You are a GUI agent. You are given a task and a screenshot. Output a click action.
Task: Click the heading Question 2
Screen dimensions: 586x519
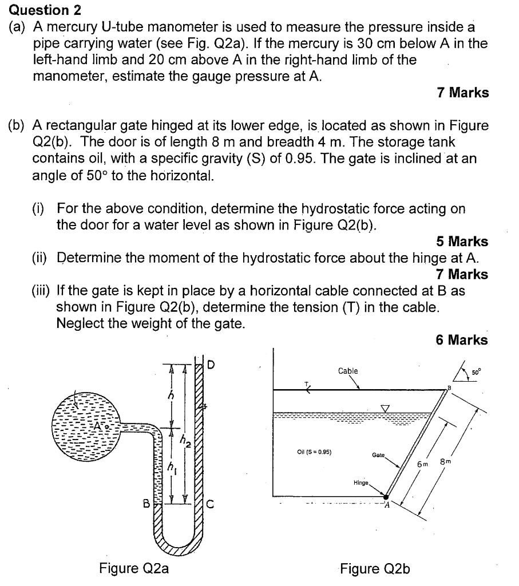tap(40, 10)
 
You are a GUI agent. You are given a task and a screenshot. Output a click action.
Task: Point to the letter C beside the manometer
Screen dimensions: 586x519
tap(209, 504)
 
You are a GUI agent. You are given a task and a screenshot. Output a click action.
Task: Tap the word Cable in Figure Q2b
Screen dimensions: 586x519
tap(348, 371)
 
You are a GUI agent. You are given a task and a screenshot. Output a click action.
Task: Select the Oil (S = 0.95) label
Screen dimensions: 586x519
tap(314, 451)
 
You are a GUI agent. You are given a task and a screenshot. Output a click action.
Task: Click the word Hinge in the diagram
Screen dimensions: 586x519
tap(362, 482)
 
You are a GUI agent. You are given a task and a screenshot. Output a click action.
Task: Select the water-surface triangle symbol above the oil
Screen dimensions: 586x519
tap(385, 407)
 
